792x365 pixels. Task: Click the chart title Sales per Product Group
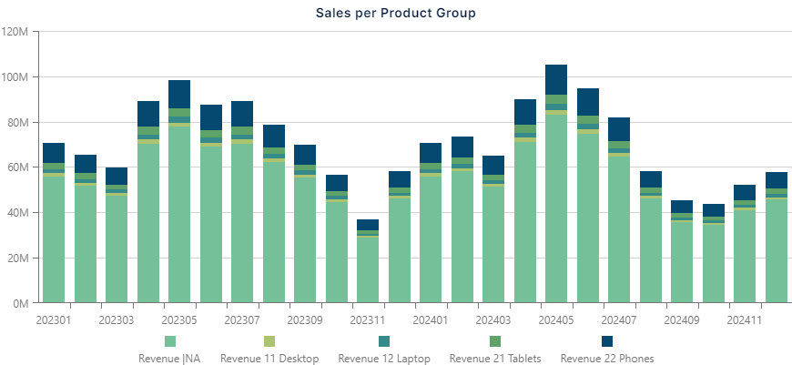coord(396,13)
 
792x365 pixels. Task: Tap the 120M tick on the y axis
coord(17,32)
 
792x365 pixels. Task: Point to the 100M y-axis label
coord(17,77)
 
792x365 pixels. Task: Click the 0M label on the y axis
coord(22,303)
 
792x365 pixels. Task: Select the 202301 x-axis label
coord(54,320)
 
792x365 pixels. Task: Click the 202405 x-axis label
coord(556,320)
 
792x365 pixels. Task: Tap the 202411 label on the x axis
coord(745,320)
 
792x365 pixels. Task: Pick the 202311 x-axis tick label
coord(368,320)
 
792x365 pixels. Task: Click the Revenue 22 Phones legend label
coord(606,359)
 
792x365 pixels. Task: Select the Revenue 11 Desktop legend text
coord(269,359)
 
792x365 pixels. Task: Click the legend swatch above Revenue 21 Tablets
coord(495,341)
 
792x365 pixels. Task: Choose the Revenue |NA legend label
coord(168,359)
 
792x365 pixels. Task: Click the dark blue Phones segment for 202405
coord(556,79)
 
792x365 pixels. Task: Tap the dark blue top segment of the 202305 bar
coord(179,94)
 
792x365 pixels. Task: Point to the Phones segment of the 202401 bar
coord(431,153)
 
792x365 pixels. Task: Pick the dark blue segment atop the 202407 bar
coord(619,129)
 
